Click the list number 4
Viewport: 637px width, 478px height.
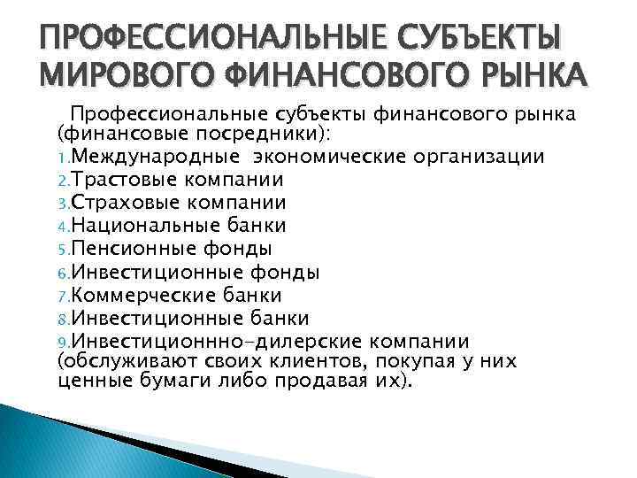point(62,227)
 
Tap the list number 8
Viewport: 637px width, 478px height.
point(62,319)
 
